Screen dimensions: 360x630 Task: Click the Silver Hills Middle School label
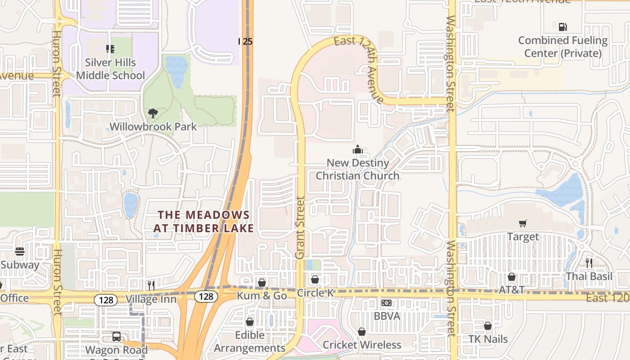110,69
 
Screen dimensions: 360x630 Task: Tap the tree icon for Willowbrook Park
153,113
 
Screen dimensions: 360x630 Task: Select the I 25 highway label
245,41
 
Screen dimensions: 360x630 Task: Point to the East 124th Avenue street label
359,70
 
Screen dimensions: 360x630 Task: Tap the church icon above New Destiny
358,149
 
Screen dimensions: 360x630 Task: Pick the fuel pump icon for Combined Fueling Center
562,27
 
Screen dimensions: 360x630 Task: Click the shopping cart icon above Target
522,223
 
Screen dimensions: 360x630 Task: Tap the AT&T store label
512,290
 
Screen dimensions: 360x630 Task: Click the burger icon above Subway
19,252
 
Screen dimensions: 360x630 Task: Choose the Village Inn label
148,299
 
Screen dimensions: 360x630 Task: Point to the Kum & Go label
262,296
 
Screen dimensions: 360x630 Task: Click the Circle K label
315,293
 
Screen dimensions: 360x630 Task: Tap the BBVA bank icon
387,303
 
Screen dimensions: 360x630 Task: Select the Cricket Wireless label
362,345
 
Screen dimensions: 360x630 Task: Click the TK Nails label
488,339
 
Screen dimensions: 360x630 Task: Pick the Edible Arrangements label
249,342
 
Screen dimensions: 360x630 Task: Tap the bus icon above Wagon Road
117,336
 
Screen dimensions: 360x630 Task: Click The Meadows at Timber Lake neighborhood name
203,222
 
